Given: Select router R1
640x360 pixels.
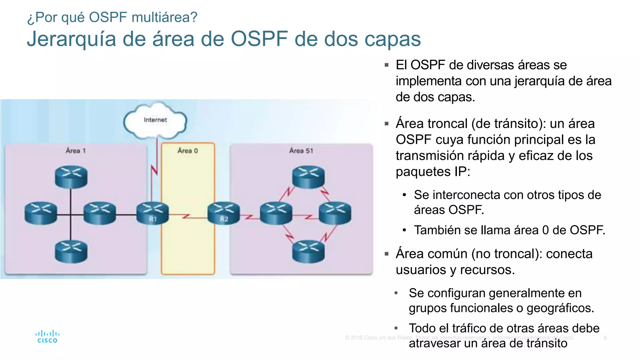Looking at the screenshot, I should pos(152,213).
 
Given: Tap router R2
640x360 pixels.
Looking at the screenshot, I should pos(224,213).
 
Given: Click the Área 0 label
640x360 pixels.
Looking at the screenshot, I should pos(187,151).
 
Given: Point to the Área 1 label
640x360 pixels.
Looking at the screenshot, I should pos(76,151).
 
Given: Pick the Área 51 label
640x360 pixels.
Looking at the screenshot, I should pos(301,151).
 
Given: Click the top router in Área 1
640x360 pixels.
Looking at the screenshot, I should pos(71,177).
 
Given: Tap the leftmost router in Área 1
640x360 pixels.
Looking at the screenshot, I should pos(41,213).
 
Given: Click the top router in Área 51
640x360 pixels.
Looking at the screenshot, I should pos(308,177).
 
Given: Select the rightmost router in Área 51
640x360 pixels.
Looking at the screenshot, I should pos(335,213).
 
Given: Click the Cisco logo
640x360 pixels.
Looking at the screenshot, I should pos(47,337).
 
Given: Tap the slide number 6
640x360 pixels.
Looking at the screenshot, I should pos(605,337).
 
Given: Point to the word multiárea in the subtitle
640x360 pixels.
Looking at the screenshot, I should pos(164,17).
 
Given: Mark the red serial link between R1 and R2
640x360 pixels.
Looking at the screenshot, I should pos(187,216).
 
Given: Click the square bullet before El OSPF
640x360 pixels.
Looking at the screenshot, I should pos(387,65).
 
